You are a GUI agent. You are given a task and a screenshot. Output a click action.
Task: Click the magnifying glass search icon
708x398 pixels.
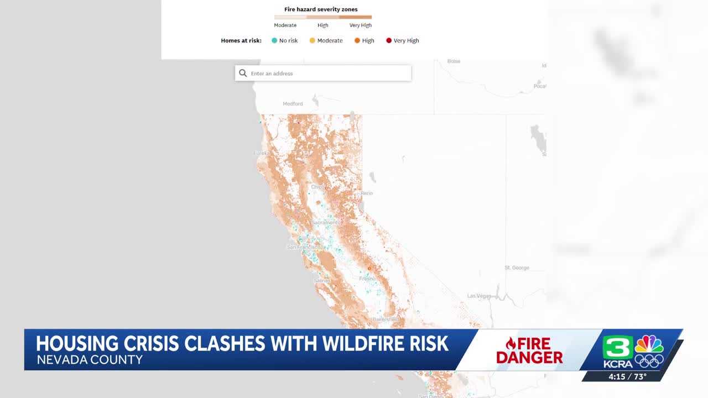243,73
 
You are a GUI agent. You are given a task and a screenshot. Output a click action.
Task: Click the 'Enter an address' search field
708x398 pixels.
326,73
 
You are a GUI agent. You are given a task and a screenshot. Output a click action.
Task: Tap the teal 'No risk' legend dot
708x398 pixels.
274,40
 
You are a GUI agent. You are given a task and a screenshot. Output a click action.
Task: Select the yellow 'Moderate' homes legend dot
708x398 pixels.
312,40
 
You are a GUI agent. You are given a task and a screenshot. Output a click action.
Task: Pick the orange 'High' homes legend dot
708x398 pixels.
357,40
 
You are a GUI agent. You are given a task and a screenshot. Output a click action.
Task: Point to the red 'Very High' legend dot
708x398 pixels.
389,40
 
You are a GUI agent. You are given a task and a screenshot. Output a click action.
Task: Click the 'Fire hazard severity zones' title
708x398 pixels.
321,9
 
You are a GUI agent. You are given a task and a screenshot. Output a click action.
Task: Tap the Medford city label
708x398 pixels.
293,104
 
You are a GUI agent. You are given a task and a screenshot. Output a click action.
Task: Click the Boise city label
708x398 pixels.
454,61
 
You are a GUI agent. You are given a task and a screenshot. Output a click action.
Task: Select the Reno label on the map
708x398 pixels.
367,193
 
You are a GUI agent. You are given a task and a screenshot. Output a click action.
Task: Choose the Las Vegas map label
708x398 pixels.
479,296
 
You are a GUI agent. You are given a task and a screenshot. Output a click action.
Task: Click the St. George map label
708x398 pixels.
517,268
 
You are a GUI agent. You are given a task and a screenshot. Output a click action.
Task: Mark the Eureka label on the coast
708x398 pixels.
261,153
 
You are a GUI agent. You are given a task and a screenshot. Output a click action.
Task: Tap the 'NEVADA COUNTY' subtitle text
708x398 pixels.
89,360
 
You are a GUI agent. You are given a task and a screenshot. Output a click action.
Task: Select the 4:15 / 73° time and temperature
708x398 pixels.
627,376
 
